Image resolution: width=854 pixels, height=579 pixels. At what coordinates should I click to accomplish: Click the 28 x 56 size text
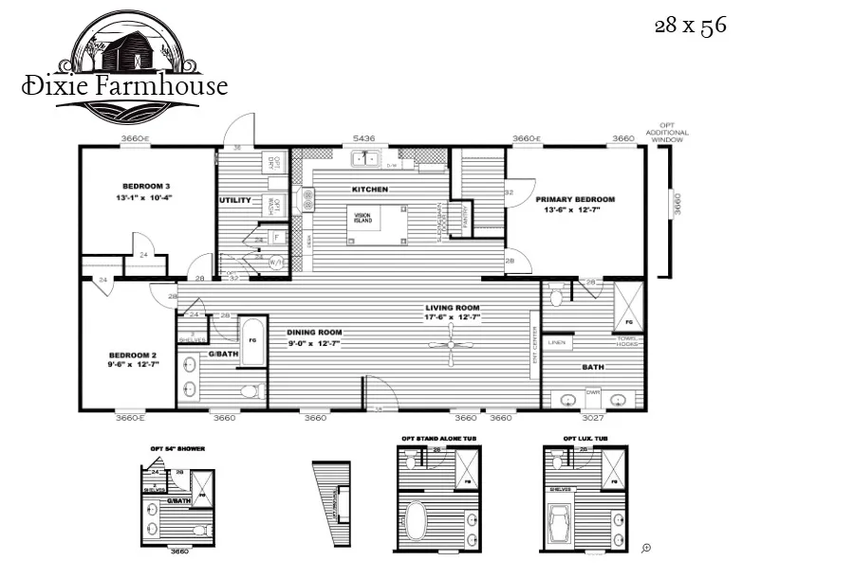click(690, 26)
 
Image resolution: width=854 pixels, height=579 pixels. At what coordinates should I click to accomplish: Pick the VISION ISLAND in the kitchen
click(363, 218)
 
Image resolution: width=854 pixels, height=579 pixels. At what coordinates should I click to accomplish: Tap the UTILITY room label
click(234, 201)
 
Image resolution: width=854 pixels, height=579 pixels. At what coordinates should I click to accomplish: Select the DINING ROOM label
click(314, 333)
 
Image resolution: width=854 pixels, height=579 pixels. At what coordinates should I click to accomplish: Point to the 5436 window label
click(363, 139)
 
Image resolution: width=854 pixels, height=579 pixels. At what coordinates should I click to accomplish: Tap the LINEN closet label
click(557, 342)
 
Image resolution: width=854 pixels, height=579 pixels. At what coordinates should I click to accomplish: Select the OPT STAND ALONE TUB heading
click(437, 439)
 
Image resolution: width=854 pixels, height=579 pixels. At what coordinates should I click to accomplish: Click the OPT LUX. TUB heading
click(585, 439)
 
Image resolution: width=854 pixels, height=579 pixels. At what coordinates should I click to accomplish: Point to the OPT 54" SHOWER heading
click(177, 448)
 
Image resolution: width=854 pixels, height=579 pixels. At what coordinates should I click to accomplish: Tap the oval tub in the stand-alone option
click(418, 521)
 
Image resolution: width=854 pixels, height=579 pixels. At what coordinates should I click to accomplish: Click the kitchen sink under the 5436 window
click(363, 158)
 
